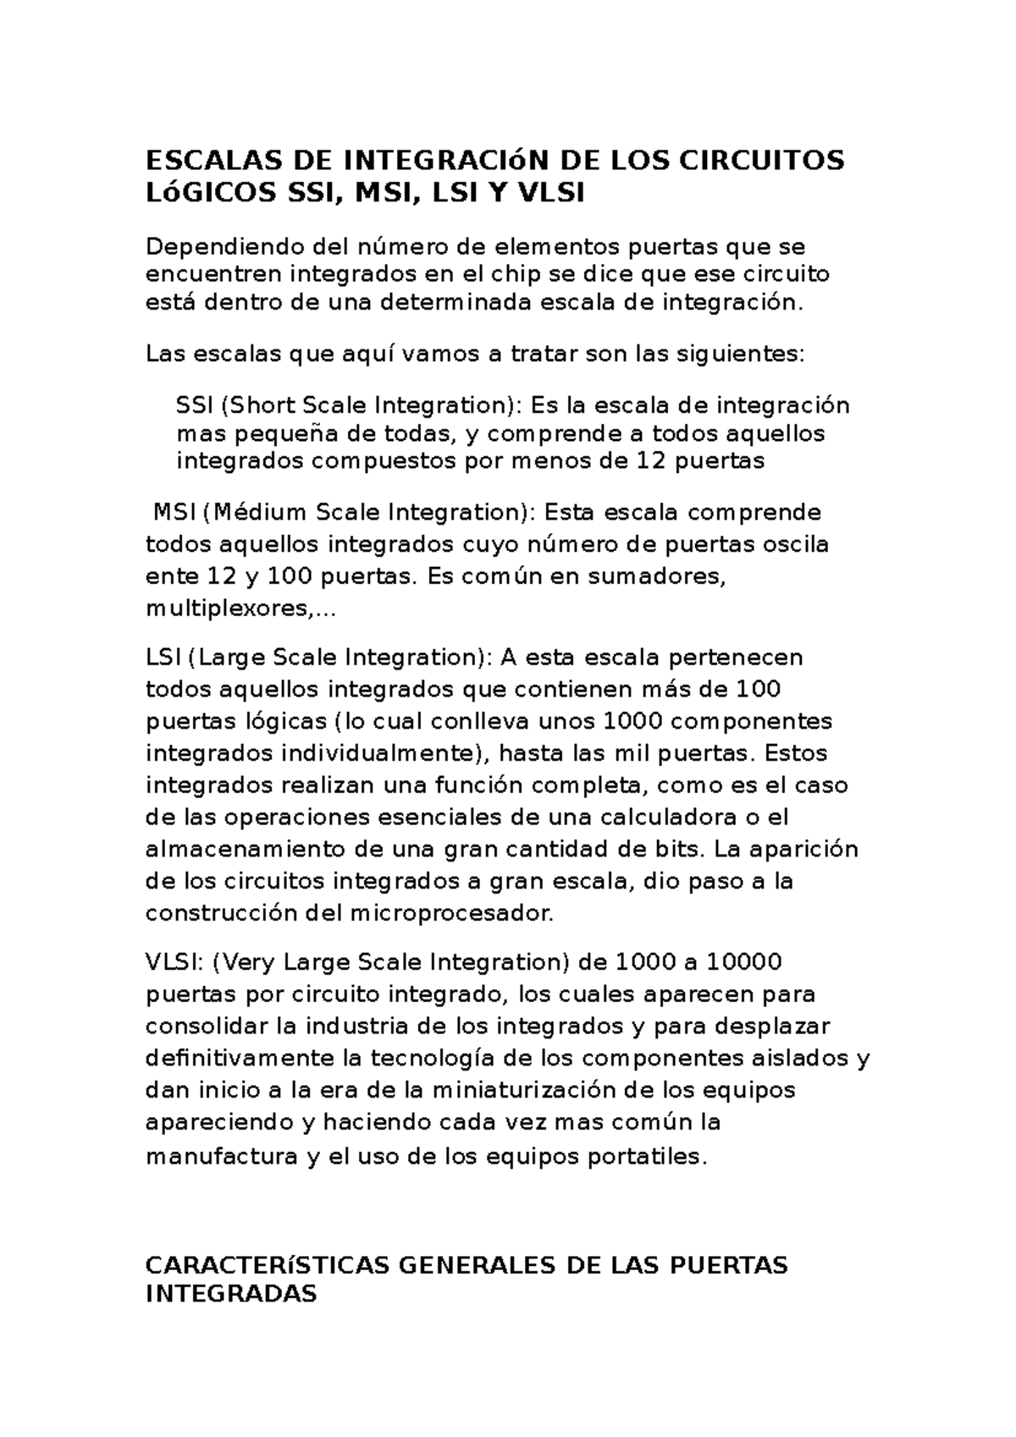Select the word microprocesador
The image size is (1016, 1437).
point(450,914)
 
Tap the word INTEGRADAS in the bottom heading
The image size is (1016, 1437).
point(231,1294)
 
